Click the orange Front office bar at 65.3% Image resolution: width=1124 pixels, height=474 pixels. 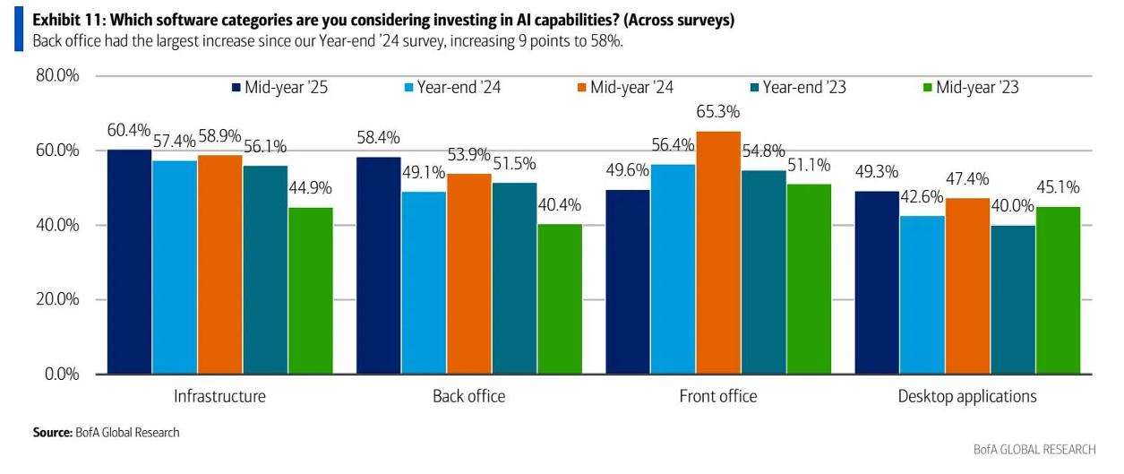point(718,252)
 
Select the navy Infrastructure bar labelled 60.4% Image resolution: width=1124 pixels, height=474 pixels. point(129,261)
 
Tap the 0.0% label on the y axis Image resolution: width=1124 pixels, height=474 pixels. point(62,374)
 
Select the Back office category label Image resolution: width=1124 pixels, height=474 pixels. point(468,396)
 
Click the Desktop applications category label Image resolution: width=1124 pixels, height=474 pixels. point(967,396)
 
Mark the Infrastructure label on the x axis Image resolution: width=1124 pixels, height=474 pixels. point(219,396)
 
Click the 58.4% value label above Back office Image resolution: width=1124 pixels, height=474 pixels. point(378,138)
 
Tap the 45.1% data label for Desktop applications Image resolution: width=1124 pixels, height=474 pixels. point(1058,188)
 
